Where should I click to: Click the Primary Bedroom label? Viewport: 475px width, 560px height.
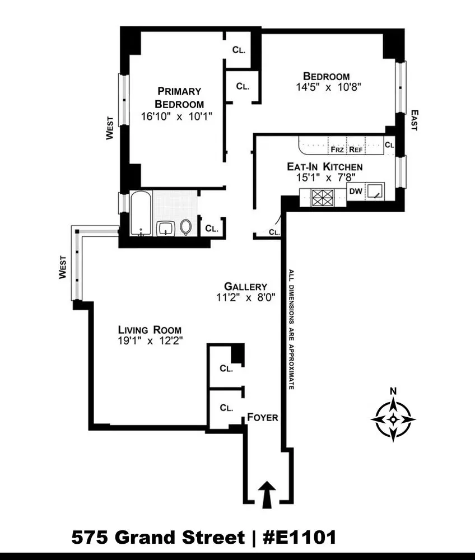pyautogui.click(x=179, y=97)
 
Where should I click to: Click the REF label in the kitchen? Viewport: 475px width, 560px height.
pyautogui.click(x=356, y=150)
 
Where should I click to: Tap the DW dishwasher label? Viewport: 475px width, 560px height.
pyautogui.click(x=355, y=191)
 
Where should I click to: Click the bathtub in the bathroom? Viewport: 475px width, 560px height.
pyautogui.click(x=140, y=213)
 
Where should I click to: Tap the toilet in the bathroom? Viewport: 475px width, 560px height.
pyautogui.click(x=186, y=227)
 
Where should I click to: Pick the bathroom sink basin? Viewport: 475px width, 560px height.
pyautogui.click(x=165, y=228)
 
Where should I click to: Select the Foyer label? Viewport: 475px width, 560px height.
pyautogui.click(x=263, y=418)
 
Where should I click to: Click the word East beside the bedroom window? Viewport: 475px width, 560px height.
pyautogui.click(x=413, y=120)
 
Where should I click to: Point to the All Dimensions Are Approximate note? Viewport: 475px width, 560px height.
pyautogui.click(x=291, y=330)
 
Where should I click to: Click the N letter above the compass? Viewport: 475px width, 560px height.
pyautogui.click(x=393, y=391)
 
